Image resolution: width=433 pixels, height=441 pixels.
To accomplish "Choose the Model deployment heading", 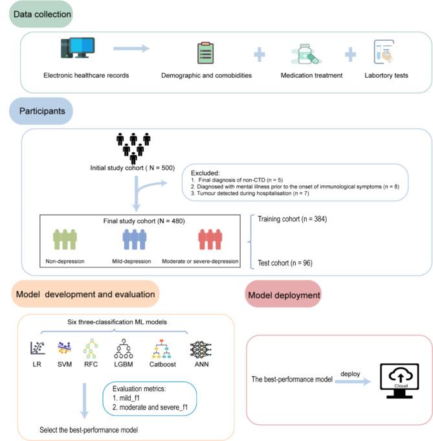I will [x=283, y=295].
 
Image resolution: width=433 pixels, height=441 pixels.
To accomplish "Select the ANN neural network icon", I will [x=201, y=349].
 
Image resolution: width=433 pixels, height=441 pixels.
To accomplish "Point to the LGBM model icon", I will [x=124, y=349].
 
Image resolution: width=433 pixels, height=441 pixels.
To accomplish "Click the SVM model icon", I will [x=64, y=349].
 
